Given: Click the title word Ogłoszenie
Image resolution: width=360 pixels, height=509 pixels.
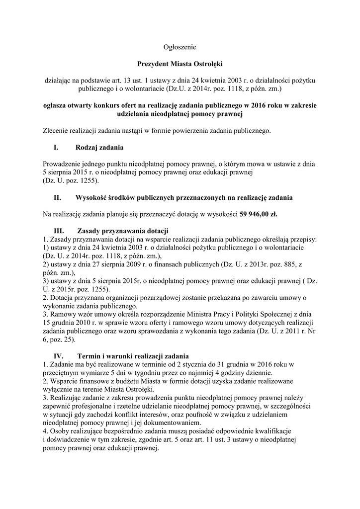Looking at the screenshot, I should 180,47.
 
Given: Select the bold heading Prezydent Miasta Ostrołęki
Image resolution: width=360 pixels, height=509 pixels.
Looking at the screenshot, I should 180,64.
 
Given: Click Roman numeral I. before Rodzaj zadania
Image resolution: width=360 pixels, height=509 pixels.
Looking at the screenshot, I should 56,148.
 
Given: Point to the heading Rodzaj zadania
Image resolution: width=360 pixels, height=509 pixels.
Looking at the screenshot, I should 99,148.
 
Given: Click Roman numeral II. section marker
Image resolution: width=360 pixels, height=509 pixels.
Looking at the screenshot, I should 57,198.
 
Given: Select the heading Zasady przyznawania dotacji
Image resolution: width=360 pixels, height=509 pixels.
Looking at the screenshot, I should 123,231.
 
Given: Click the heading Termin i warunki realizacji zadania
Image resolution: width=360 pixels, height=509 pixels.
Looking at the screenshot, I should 133,356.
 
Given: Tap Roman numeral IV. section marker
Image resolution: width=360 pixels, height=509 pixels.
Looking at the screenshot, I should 59,356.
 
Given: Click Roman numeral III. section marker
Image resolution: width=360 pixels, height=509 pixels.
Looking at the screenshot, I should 59,231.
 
